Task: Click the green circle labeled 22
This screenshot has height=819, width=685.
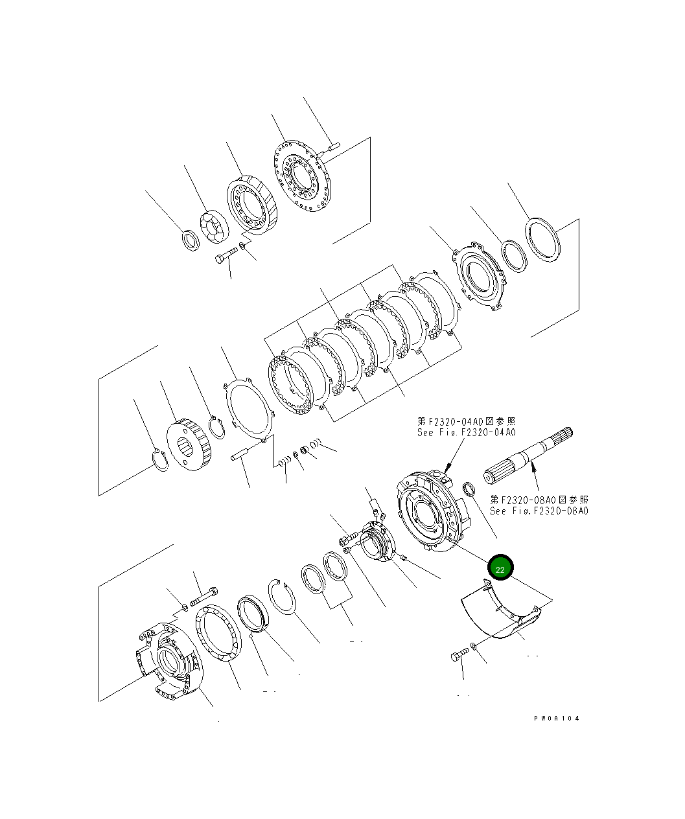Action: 500,568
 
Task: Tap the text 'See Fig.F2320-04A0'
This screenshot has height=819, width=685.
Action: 466,432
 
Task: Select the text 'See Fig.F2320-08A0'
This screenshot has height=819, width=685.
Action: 539,511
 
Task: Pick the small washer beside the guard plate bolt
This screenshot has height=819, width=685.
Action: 474,646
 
